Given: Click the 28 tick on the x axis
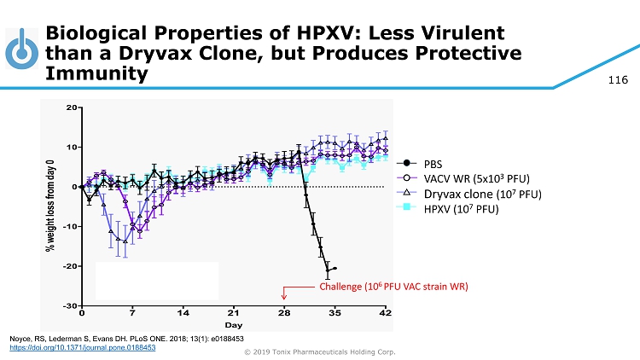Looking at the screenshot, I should tap(284, 313).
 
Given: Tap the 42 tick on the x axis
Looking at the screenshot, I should tap(385, 313).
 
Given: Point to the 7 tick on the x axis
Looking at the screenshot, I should tap(132, 313).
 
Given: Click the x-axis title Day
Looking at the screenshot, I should tap(233, 325).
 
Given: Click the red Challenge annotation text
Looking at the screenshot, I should tap(393, 285).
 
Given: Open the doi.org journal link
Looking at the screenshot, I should tap(82, 348).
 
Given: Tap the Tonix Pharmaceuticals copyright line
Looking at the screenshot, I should tap(320, 352).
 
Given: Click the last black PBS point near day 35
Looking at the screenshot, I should tap(335, 268).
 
